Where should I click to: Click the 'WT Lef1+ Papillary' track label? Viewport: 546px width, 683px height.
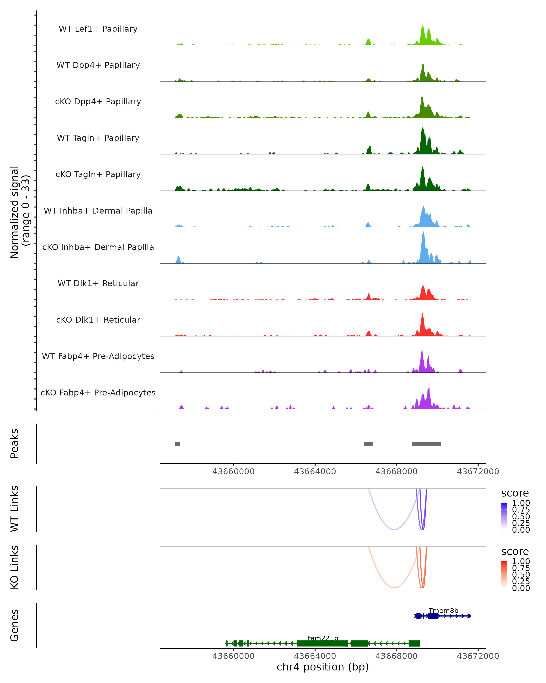coord(98,29)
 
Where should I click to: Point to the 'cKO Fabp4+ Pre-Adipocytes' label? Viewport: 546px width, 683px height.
coord(98,392)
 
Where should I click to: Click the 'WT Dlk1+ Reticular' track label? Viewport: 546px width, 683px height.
coord(98,283)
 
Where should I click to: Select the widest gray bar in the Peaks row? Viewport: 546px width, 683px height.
coord(426,443)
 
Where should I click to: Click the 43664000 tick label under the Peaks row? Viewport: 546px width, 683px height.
coord(315,471)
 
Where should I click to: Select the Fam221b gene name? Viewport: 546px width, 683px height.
coord(323,638)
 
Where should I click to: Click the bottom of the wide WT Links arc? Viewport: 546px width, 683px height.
coord(394,529)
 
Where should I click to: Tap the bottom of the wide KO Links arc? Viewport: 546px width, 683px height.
coord(394,588)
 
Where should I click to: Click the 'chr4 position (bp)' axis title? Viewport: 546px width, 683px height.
coord(323,667)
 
